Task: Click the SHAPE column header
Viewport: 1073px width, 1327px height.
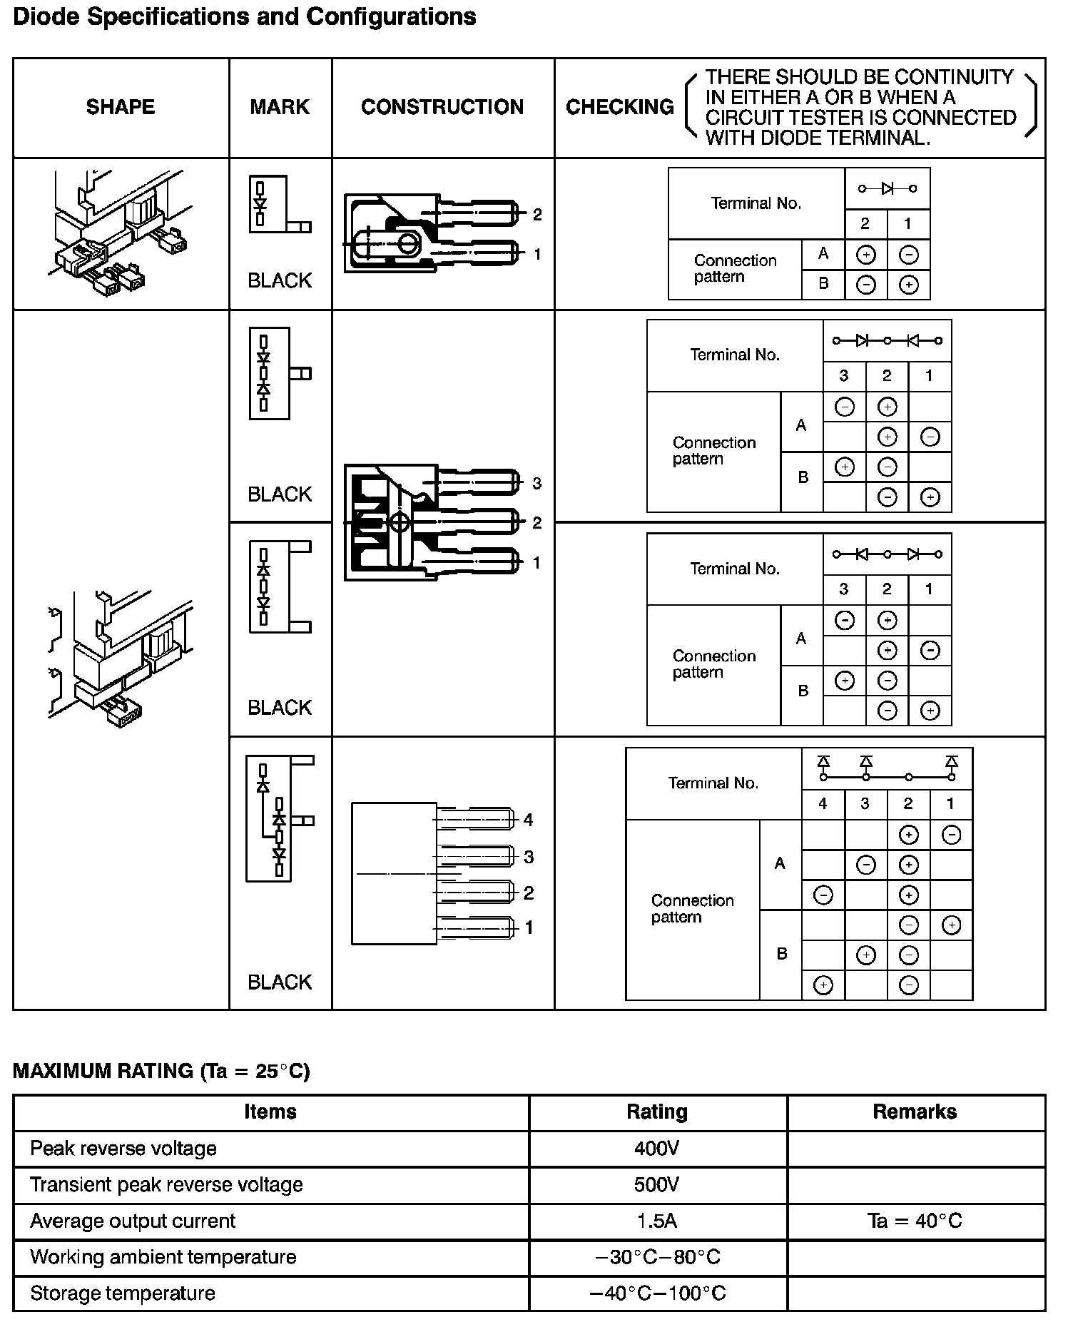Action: pyautogui.click(x=121, y=107)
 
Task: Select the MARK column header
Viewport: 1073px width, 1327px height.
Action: pyautogui.click(x=280, y=107)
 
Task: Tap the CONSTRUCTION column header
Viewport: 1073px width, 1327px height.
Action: pyautogui.click(x=442, y=107)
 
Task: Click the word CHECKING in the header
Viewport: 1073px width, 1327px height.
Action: pyautogui.click(x=619, y=107)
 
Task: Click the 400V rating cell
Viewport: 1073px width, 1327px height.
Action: pyautogui.click(x=657, y=1148)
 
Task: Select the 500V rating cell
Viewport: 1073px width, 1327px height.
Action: pyautogui.click(x=657, y=1184)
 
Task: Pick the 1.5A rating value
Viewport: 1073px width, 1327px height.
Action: pyautogui.click(x=657, y=1221)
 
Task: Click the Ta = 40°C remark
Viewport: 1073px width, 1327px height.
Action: pyautogui.click(x=915, y=1221)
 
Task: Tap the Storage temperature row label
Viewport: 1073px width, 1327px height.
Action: pyautogui.click(x=123, y=1293)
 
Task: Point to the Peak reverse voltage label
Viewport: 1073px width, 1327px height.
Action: pyautogui.click(x=123, y=1148)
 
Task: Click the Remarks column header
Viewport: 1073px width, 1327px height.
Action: pyautogui.click(x=915, y=1112)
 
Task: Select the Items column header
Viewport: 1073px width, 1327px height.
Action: pyautogui.click(x=270, y=1112)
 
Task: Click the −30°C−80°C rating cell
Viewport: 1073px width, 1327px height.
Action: pyautogui.click(x=657, y=1256)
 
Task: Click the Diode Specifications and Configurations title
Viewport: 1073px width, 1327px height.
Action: pyautogui.click(x=245, y=17)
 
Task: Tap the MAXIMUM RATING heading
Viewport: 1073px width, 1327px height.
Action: pyautogui.click(x=161, y=1071)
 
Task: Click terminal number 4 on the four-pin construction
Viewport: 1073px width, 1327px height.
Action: pyautogui.click(x=528, y=820)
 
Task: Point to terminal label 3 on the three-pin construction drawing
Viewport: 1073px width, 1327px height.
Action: pyautogui.click(x=537, y=484)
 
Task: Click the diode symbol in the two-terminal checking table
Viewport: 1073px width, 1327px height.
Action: pyautogui.click(x=888, y=188)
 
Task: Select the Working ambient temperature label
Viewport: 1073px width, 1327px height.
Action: pyautogui.click(x=163, y=1256)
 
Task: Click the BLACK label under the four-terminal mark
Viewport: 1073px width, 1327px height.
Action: pyautogui.click(x=280, y=982)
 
